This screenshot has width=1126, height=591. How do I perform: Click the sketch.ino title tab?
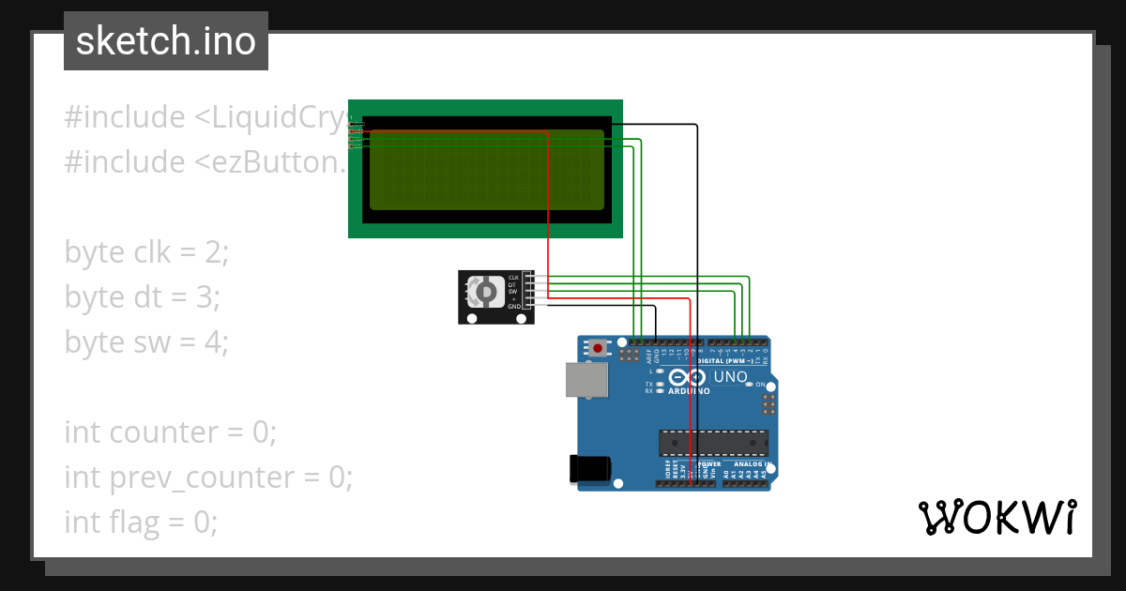(x=166, y=41)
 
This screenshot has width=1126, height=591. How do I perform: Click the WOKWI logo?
(x=997, y=517)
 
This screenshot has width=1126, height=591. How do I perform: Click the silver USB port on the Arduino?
(x=586, y=379)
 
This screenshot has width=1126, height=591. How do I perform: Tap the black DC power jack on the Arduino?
(x=591, y=469)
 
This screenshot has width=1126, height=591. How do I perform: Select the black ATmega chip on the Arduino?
(x=713, y=441)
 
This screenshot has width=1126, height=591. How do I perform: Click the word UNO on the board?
(x=730, y=377)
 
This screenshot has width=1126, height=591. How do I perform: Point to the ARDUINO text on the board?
(x=690, y=391)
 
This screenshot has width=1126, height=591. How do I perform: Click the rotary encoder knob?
(x=485, y=293)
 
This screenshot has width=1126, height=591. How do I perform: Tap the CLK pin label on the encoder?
(x=513, y=278)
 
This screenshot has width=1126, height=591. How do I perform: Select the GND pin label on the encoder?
(x=513, y=307)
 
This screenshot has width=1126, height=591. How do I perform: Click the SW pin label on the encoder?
(x=513, y=292)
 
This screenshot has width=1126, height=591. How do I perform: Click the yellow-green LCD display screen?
(x=486, y=170)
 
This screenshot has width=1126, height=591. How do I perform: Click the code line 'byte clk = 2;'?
(x=146, y=252)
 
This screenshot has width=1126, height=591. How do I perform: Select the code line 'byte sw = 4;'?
(x=146, y=342)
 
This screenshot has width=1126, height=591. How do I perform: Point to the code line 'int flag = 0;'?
(x=141, y=523)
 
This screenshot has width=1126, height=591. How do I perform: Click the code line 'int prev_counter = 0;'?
(x=208, y=477)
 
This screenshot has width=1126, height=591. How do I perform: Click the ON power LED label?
(x=760, y=385)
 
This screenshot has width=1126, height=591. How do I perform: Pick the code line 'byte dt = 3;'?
(x=143, y=297)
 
